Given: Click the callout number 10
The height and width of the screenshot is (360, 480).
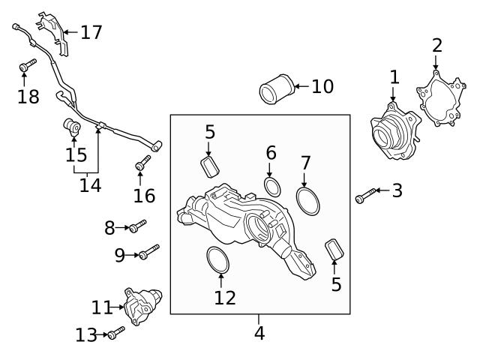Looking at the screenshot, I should click(322, 87).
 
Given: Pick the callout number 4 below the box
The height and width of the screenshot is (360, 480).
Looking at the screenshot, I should click(259, 332).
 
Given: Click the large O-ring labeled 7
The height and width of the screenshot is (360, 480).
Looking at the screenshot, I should click(306, 200).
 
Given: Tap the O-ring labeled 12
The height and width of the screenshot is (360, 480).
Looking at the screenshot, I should click(217, 260).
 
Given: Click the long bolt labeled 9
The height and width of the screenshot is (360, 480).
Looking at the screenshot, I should click(148, 252).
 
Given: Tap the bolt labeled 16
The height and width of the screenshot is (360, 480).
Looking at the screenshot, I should click(140, 166).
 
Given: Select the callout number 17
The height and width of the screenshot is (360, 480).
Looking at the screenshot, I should click(91, 32).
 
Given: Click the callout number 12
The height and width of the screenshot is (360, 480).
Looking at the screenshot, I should click(224, 297).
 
